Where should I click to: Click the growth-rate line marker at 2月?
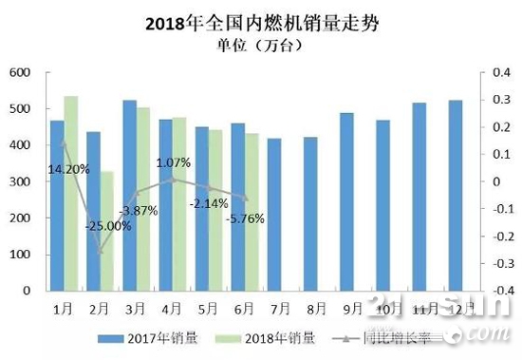click(100, 252)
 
